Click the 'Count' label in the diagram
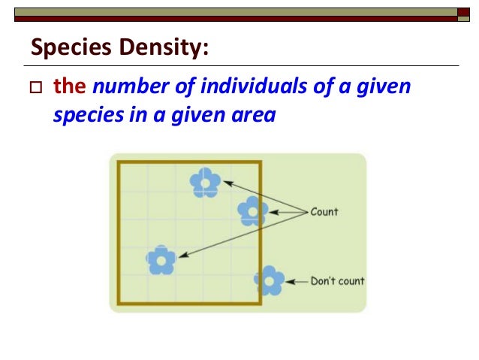(x=324, y=212)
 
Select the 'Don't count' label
(x=337, y=281)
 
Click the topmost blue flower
(x=204, y=183)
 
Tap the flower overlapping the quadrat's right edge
(x=253, y=212)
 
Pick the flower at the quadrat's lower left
(x=161, y=260)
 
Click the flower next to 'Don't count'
(x=269, y=280)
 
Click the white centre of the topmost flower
(x=204, y=183)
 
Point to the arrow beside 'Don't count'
(x=296, y=281)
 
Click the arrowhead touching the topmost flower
(x=225, y=182)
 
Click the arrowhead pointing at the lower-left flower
(x=182, y=256)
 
